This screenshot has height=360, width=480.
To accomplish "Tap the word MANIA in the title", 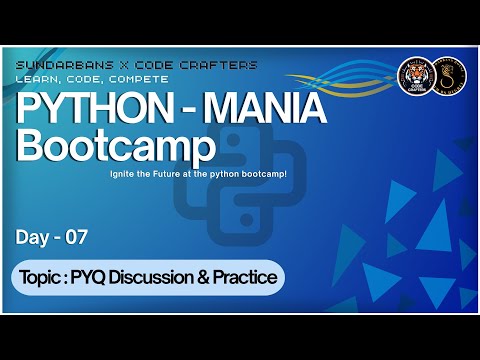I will [x=283, y=108].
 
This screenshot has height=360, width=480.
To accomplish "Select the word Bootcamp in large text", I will [x=118, y=147].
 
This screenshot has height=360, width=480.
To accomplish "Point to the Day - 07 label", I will [x=52, y=237].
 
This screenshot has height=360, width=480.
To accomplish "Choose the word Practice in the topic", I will [x=246, y=277].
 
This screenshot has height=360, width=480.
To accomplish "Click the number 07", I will [x=77, y=237].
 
